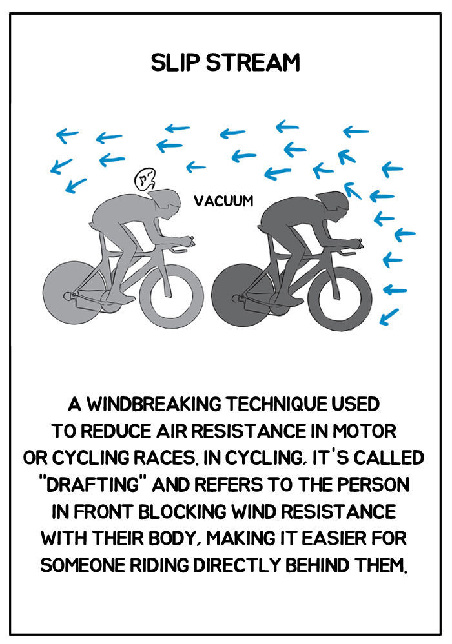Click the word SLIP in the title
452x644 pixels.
175,63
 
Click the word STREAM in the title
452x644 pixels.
253,63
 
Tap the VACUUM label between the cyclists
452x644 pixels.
223,201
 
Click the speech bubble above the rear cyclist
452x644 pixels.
145,180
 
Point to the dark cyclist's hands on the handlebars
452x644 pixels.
357,243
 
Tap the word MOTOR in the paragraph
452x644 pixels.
364,431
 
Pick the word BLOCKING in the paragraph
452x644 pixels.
182,512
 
